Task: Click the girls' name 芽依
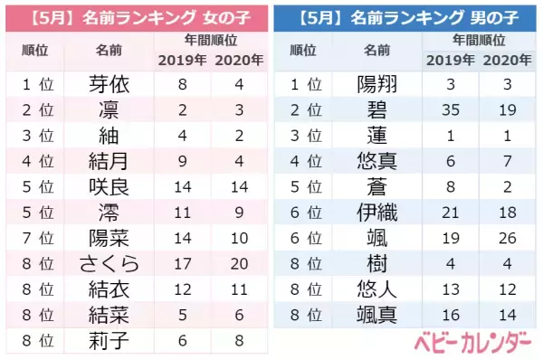110,84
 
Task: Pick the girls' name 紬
110,137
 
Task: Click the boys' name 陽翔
377,84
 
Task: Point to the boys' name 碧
377,110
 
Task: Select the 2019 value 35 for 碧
449,110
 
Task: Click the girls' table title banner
136,16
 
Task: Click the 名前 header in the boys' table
377,50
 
